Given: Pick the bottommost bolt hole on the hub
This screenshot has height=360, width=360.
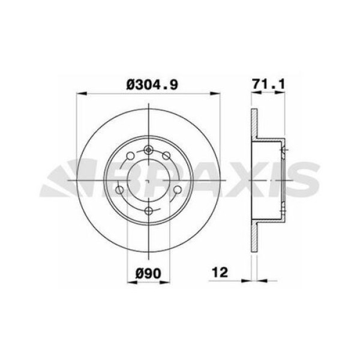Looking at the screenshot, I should coord(148,209).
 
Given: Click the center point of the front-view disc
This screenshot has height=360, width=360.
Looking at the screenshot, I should coord(148,180).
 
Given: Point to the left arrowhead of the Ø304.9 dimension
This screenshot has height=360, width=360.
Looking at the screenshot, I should coord(80,93).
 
